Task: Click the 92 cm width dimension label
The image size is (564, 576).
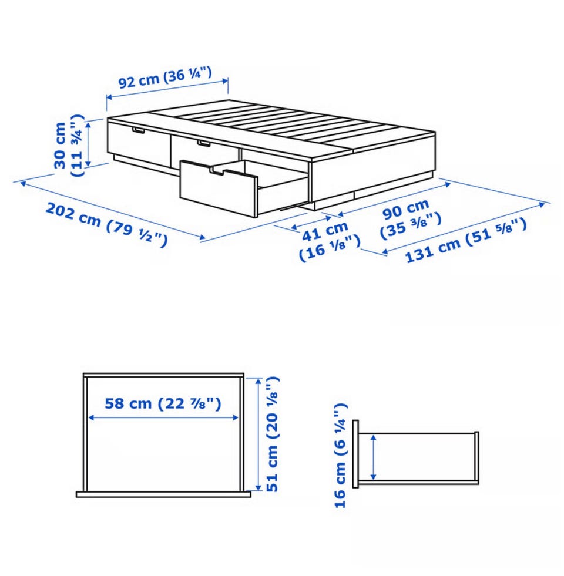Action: (165, 78)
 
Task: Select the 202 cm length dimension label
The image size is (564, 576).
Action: (106, 224)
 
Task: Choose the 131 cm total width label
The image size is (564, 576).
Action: (466, 240)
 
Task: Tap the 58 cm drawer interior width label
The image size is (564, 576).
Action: (163, 404)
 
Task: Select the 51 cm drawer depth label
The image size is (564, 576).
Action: (271, 434)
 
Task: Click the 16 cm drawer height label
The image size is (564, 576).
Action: (341, 456)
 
